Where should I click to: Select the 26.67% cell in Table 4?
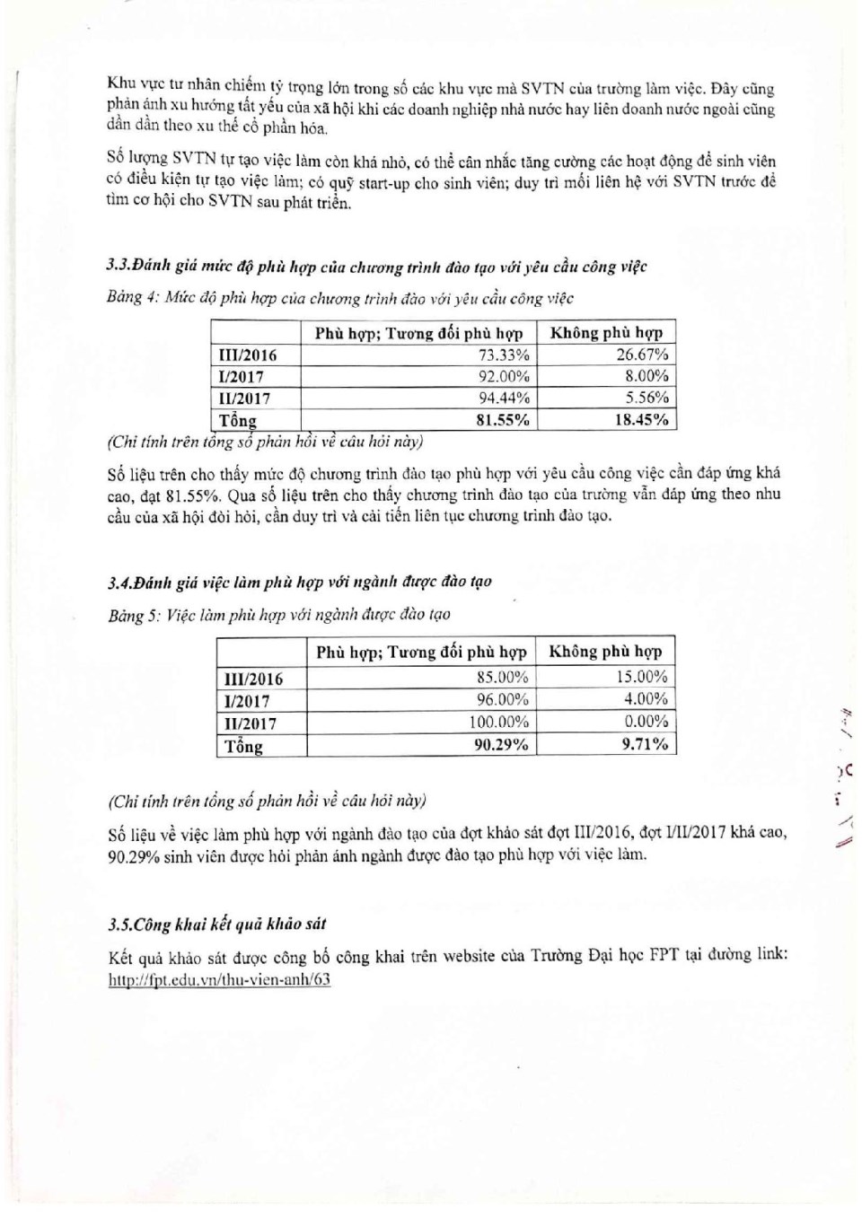[x=642, y=355]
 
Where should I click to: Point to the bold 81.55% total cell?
[x=502, y=419]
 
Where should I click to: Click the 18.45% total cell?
[x=641, y=419]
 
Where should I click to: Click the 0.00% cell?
[x=646, y=722]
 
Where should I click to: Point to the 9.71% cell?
[x=645, y=744]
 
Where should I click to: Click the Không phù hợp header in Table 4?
[x=606, y=333]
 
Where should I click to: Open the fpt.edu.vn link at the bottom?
[x=219, y=979]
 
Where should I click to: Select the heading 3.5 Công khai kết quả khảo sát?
[x=216, y=924]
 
